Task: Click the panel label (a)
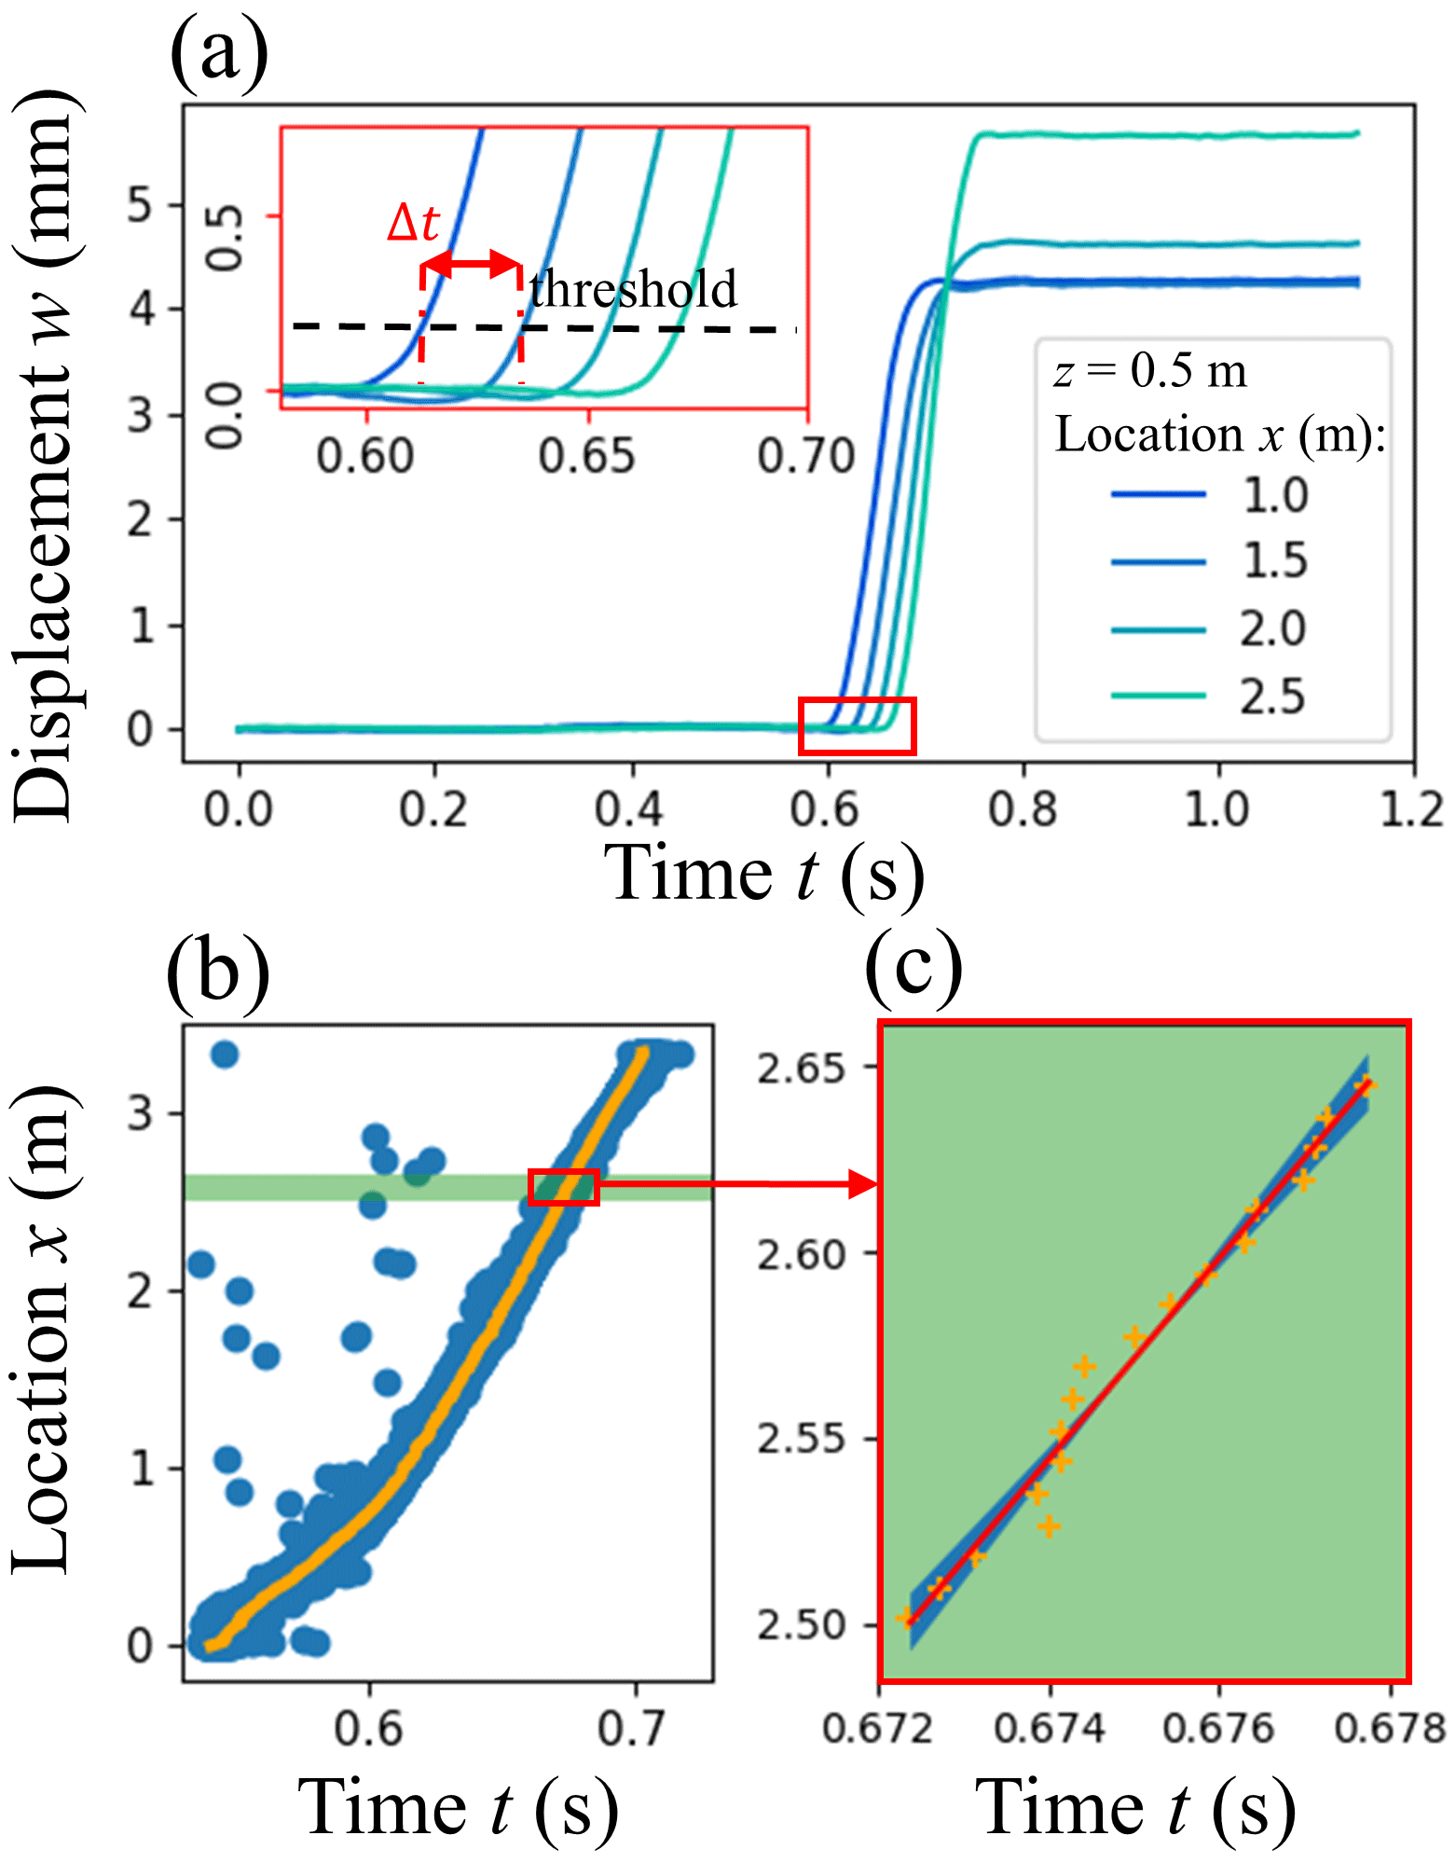click(x=218, y=53)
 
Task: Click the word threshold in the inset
click(x=633, y=289)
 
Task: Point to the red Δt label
click(x=413, y=223)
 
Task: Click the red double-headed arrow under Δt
click(x=472, y=264)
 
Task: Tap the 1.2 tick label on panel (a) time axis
click(x=1411, y=808)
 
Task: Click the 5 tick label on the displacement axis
click(x=140, y=204)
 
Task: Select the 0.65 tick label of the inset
click(x=587, y=457)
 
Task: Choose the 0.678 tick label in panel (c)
click(x=1390, y=1729)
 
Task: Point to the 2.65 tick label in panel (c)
click(x=799, y=1069)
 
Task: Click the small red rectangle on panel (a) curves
click(x=857, y=725)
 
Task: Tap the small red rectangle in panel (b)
click(x=563, y=1187)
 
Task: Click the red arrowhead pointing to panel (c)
click(x=863, y=1185)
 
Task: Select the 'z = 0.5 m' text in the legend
click(x=1150, y=370)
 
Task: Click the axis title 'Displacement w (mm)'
click(x=45, y=457)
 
